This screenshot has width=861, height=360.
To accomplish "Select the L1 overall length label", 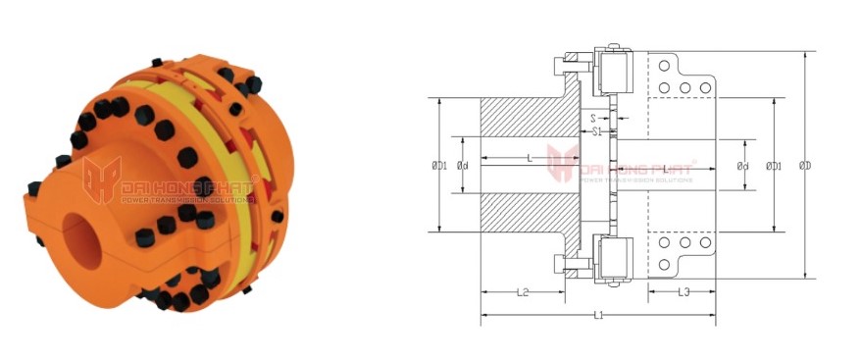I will click(597, 316).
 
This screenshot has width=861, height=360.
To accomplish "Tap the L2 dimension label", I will click(522, 292).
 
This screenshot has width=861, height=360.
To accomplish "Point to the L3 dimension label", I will click(683, 292).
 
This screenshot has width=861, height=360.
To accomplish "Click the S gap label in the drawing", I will click(594, 118).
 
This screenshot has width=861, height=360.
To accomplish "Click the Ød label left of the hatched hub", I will click(463, 166).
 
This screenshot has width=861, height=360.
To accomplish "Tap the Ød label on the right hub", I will click(743, 166).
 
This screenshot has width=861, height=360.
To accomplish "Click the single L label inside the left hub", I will click(530, 158).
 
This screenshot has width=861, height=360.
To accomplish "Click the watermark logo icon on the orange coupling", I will click(101, 180).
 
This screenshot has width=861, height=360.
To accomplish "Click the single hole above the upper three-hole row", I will click(664, 66).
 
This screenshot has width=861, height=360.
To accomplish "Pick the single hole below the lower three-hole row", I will click(664, 264).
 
